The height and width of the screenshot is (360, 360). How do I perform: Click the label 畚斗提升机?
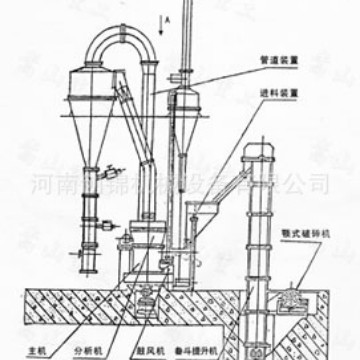pos(223,350)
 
